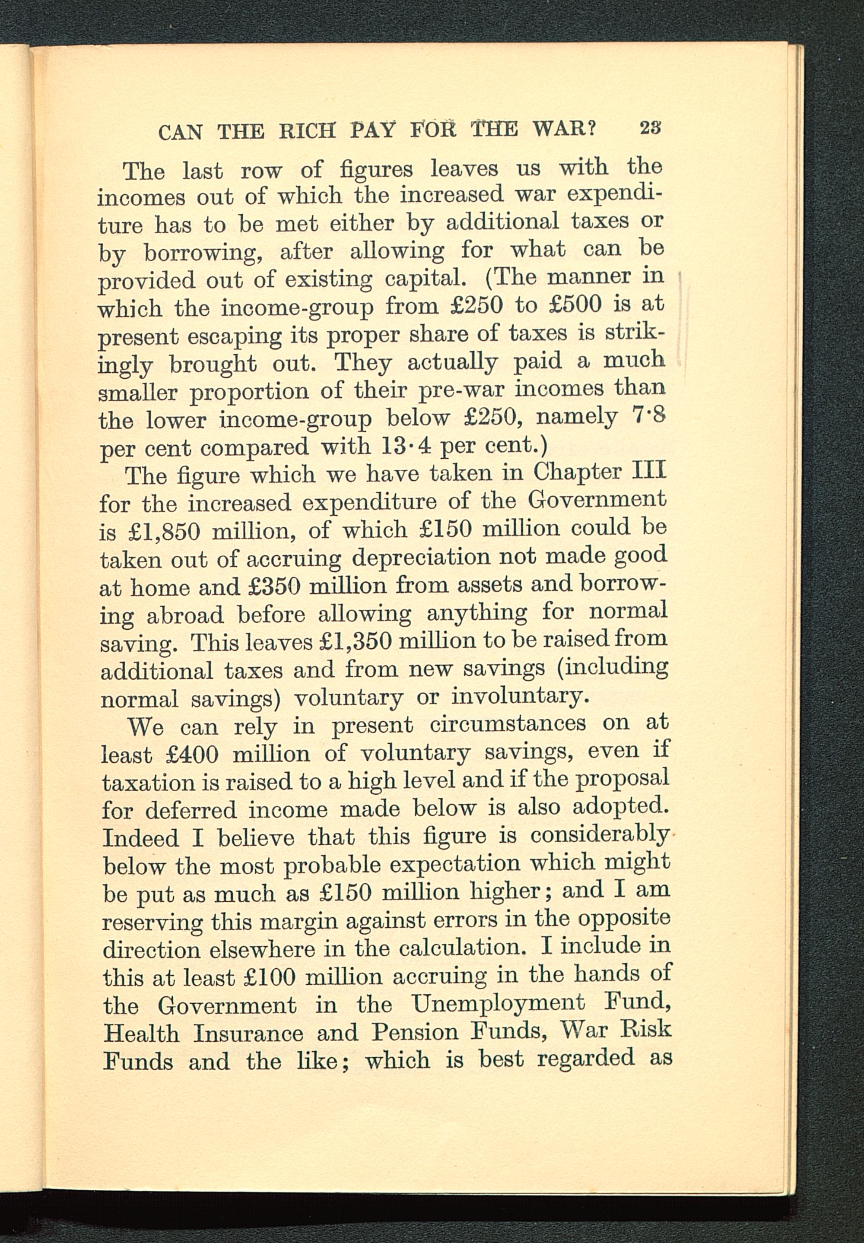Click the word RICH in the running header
[307, 131]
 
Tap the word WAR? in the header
[564, 129]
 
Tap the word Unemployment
[498, 1004]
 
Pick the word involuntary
[520, 697]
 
